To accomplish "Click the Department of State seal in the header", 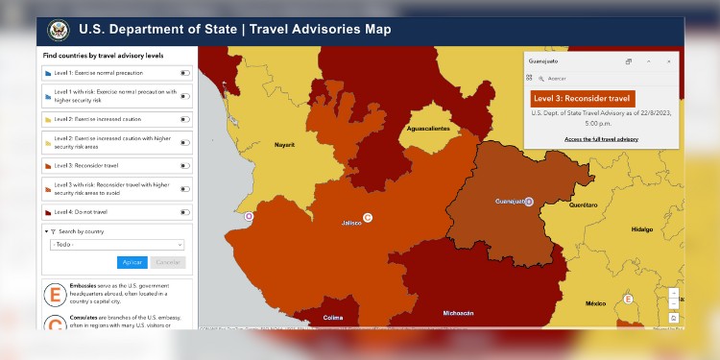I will [x=59, y=30].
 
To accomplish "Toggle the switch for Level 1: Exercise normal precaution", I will [x=183, y=72].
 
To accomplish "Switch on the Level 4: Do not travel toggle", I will [x=183, y=211].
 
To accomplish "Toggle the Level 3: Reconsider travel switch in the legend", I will [x=183, y=165].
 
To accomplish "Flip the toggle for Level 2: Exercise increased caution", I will [x=183, y=119].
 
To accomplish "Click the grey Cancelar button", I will [x=168, y=262].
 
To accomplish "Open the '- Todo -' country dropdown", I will [x=117, y=245].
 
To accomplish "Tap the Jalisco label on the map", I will [x=352, y=224].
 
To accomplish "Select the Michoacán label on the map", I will [x=458, y=313].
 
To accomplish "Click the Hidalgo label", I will [x=641, y=229].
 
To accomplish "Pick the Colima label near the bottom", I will [x=333, y=317].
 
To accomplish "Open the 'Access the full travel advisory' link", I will [x=601, y=140].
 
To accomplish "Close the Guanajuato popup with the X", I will [x=668, y=60].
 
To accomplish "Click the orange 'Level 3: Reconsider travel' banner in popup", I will [x=583, y=98].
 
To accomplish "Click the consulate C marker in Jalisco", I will [x=368, y=218].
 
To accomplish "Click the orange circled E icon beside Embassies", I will [x=56, y=293].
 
